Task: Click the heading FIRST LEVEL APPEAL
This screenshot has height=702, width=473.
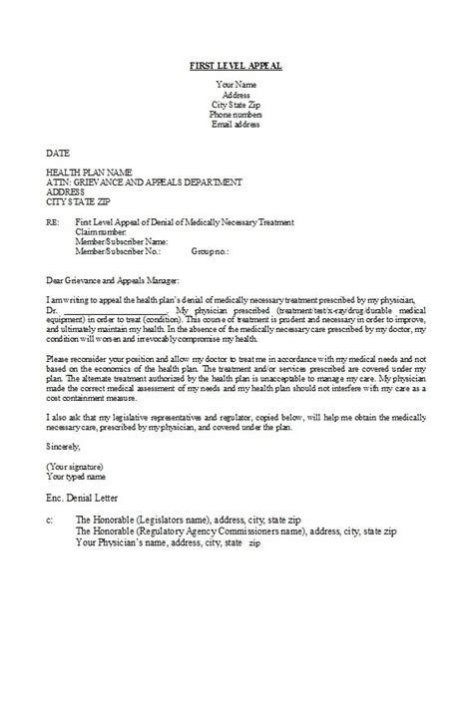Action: pos(236,66)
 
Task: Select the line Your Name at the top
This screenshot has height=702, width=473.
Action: pos(236,84)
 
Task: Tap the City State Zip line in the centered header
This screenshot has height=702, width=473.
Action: pos(236,104)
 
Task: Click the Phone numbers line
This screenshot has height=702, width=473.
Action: pos(236,114)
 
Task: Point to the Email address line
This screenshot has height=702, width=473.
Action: pos(236,124)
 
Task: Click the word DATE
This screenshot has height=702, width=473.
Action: pos(57,154)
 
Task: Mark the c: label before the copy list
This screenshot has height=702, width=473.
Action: pos(50,520)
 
